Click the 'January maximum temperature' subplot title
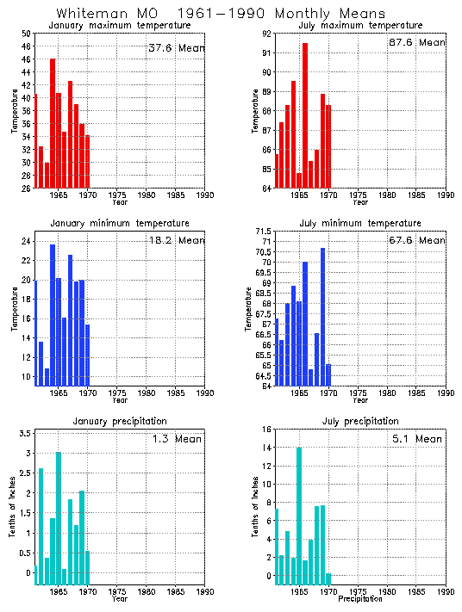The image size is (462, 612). point(119,26)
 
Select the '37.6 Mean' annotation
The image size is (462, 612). point(177,48)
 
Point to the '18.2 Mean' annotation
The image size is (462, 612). point(176,240)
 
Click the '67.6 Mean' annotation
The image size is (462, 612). point(416,241)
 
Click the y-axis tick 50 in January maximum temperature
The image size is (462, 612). point(26,34)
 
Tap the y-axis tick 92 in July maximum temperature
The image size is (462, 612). point(266,34)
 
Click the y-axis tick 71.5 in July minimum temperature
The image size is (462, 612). point(262,232)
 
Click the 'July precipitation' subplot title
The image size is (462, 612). point(360,421)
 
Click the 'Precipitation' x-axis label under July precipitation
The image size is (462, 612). point(360,598)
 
